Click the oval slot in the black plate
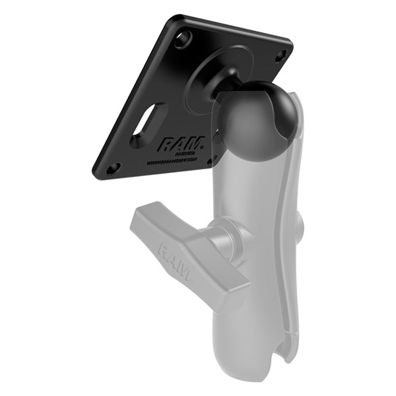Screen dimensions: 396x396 coord(148,125)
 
